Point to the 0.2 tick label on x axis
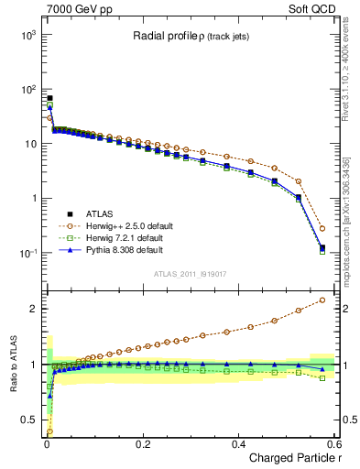click(142, 443)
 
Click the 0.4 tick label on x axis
click(237, 443)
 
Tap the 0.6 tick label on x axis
click(332, 443)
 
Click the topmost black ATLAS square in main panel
click(49, 97)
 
